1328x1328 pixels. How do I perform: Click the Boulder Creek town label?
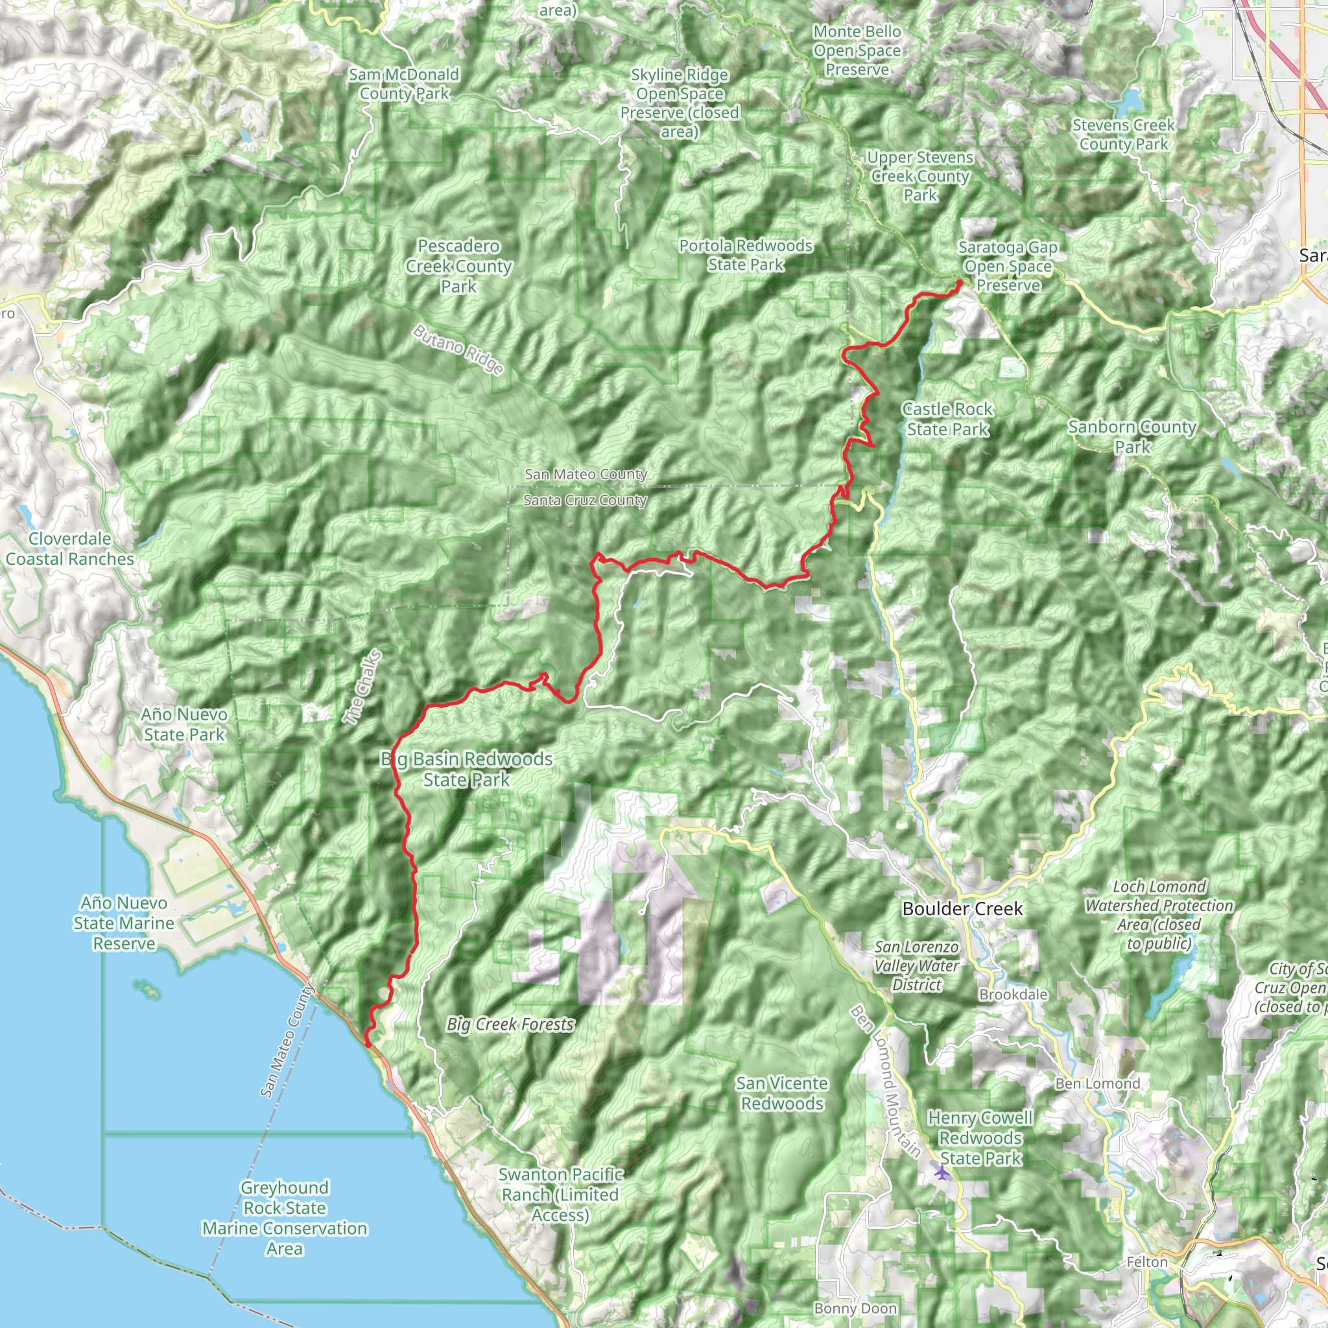coord(962,908)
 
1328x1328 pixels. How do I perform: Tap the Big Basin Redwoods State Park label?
coord(467,769)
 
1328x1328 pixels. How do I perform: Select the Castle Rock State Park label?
coord(947,420)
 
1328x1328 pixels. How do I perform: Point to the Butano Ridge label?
coord(458,350)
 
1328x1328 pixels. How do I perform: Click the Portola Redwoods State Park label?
coord(746,255)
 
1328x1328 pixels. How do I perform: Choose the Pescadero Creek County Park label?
coord(458,266)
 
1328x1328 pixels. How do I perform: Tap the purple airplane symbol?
coord(942,1172)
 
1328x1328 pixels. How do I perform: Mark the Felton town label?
coord(1147,1262)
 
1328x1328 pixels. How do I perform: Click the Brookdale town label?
coord(1014,995)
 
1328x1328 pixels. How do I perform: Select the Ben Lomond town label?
coord(1097,1084)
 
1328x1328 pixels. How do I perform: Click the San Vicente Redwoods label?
coord(781,1093)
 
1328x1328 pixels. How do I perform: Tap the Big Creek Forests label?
coord(510,1024)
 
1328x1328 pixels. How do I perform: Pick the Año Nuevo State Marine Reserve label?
coord(124,923)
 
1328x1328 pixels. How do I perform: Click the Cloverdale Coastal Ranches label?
coord(70,549)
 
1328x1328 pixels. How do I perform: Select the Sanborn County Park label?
coord(1132,436)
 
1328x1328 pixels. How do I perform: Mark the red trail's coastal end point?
coord(368,1045)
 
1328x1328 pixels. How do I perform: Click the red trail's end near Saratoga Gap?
coord(960,283)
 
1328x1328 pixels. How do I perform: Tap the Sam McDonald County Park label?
coord(404,84)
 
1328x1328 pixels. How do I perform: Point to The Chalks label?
coord(362,687)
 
